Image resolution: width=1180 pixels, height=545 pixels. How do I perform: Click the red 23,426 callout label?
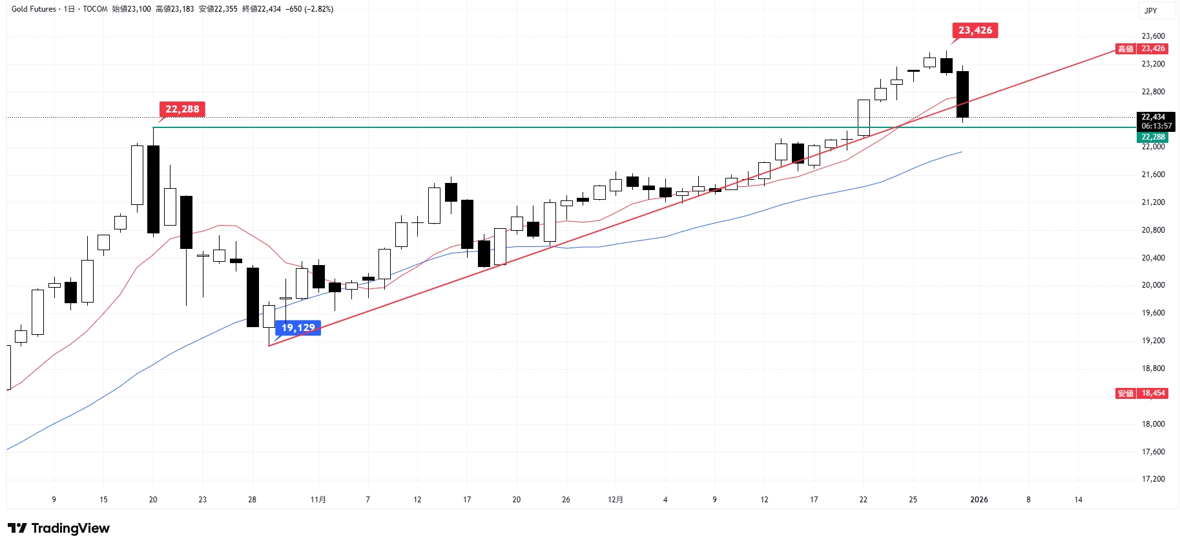[975, 30]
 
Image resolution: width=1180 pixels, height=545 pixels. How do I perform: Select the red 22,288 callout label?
[182, 109]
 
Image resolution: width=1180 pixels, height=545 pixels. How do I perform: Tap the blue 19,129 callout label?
[298, 328]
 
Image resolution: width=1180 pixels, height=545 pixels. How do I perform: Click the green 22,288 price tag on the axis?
[1152, 137]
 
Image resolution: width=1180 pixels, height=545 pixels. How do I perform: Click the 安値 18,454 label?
[1142, 393]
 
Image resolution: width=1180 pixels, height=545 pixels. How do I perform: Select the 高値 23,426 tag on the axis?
[1142, 48]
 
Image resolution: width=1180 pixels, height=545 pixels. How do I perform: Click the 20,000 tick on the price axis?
[1153, 285]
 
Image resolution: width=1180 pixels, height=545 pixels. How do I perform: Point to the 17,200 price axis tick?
[1153, 479]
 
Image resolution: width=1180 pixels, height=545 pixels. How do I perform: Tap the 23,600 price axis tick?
[1153, 36]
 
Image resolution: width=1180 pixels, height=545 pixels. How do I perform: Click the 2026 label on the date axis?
[979, 500]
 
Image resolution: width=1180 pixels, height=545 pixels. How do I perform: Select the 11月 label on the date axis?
[318, 500]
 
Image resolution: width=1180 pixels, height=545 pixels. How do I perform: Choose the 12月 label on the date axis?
[616, 500]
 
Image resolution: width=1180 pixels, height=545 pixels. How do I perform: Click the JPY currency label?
[1151, 10]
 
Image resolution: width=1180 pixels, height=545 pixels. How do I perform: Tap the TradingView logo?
[59, 528]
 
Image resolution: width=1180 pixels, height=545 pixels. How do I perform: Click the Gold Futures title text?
[34, 9]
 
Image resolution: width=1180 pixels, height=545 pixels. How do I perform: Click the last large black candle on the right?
[962, 94]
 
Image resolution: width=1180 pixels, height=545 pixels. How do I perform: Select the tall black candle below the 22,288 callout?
[154, 189]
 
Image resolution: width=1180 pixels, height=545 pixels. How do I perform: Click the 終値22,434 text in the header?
[262, 9]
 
